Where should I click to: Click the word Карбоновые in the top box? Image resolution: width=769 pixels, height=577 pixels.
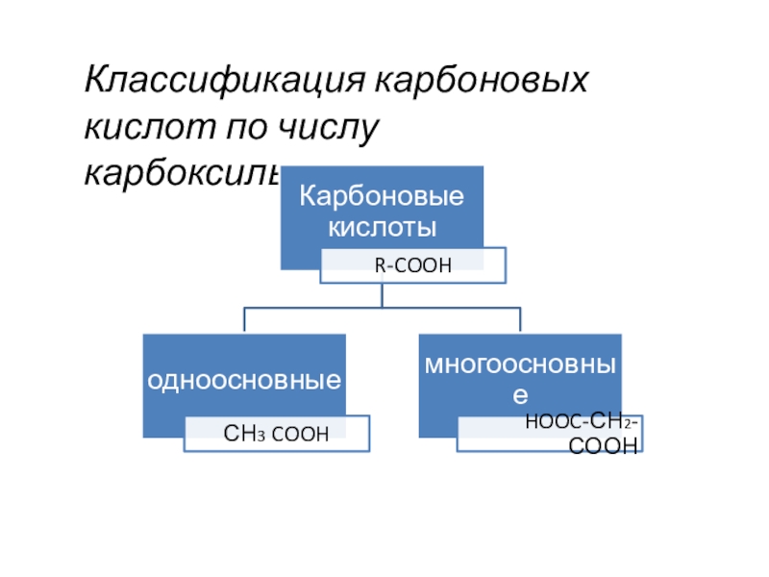pyautogui.click(x=382, y=197)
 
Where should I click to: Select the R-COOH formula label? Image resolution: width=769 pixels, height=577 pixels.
pyautogui.click(x=412, y=264)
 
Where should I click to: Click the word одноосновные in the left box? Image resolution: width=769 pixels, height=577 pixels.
pyautogui.click(x=244, y=381)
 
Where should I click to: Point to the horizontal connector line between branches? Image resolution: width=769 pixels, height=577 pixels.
pyautogui.click(x=382, y=309)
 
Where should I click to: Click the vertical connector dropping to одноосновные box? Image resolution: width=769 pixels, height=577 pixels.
pyautogui.click(x=244, y=321)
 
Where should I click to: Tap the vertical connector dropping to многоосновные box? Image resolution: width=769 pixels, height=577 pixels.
pyautogui.click(x=520, y=321)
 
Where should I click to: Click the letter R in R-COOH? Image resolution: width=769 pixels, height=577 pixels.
pyautogui.click(x=379, y=264)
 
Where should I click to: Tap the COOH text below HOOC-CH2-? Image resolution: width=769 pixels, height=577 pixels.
pyautogui.click(x=604, y=445)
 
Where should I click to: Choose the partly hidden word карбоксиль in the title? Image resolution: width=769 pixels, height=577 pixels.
pyautogui.click(x=183, y=173)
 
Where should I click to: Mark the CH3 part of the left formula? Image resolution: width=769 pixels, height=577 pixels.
pyautogui.click(x=239, y=435)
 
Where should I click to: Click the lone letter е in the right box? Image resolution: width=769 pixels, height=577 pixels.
pyautogui.click(x=520, y=395)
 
